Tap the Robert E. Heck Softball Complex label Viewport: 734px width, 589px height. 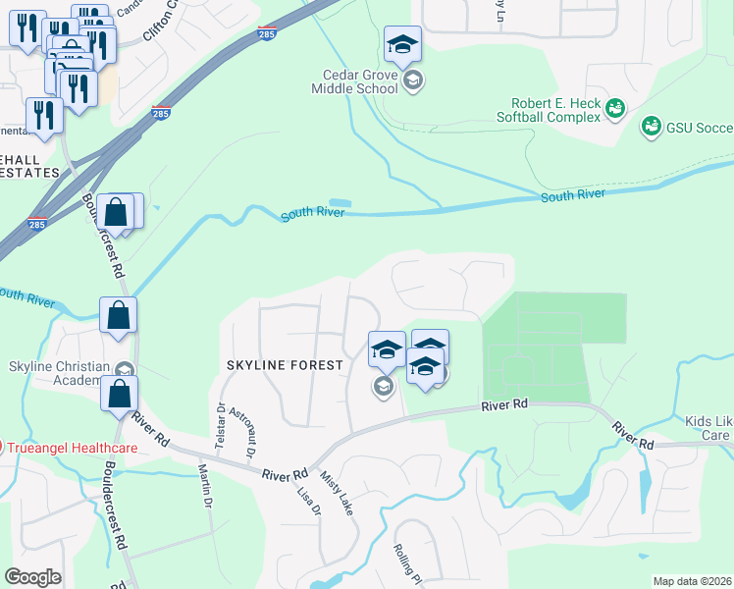click(554, 110)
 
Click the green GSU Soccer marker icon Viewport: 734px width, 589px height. click(650, 127)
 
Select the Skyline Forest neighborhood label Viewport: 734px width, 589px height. click(285, 365)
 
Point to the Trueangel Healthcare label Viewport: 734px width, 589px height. click(73, 448)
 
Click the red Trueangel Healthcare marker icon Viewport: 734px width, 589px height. click(2, 448)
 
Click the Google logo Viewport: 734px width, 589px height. click(32, 577)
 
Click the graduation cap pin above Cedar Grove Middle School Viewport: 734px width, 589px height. click(402, 44)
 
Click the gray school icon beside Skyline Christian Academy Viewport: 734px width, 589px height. click(125, 370)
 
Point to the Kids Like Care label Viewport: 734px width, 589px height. click(708, 427)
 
